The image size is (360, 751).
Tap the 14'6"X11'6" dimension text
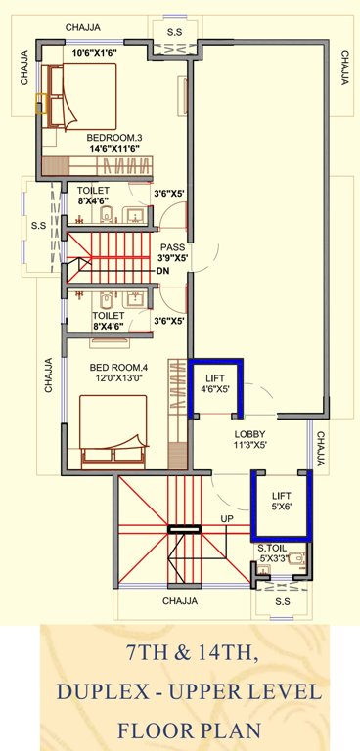pyautogui.click(x=114, y=149)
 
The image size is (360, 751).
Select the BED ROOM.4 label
pyautogui.click(x=119, y=368)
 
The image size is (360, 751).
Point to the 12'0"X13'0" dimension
pyautogui.click(x=120, y=377)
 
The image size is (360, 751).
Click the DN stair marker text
pyautogui.click(x=162, y=271)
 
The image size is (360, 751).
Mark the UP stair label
pyautogui.click(x=226, y=518)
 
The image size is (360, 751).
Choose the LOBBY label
pyautogui.click(x=250, y=434)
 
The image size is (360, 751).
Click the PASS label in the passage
pyautogui.click(x=173, y=247)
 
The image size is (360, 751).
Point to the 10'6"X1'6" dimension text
pyautogui.click(x=95, y=52)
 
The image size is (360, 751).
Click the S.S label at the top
pyautogui.click(x=174, y=32)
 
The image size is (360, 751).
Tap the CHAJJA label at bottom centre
pyautogui.click(x=180, y=600)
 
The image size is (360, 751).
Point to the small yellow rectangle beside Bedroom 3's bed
pyautogui.click(x=41, y=104)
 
